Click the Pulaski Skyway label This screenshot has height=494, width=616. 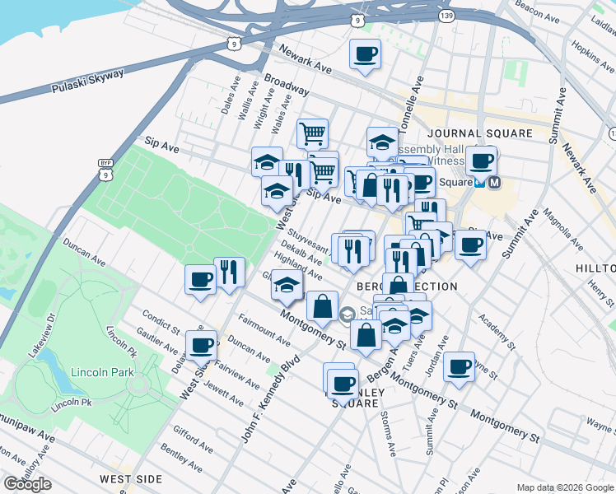tap(86, 80)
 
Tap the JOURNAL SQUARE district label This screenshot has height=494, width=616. tap(478, 133)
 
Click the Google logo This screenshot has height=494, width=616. tap(27, 484)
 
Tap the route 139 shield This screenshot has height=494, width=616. tap(423, 16)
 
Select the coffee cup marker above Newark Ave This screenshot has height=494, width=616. tap(365, 55)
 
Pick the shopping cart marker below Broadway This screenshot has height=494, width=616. tap(312, 134)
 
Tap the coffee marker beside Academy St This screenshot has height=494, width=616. tap(459, 366)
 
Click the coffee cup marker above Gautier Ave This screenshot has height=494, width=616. tap(201, 344)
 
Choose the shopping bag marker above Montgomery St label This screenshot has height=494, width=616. tap(322, 306)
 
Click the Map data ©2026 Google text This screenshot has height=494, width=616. tap(565, 487)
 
